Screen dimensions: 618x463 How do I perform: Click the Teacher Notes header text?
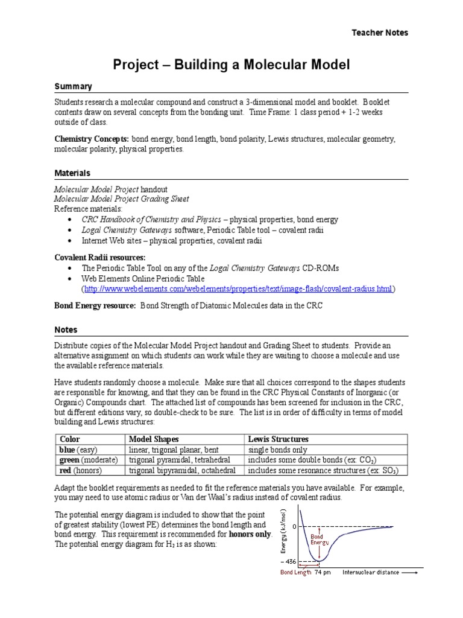point(380,33)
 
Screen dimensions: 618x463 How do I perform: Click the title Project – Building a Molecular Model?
point(231,64)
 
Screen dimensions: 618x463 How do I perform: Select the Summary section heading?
point(73,86)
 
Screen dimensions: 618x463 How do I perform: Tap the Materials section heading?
point(72,173)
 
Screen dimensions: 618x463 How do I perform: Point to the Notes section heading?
point(66,330)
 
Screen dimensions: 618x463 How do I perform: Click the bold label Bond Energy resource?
point(95,306)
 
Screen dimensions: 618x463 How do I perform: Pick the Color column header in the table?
point(69,439)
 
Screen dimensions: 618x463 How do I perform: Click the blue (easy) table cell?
point(78,450)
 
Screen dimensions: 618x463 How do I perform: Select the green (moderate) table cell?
point(86,460)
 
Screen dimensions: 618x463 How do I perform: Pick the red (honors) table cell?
point(78,470)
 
